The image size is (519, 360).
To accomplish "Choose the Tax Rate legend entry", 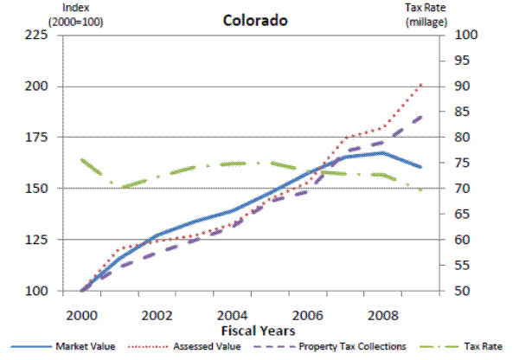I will [x=483, y=346].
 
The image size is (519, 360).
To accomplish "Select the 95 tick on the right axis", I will [x=460, y=61].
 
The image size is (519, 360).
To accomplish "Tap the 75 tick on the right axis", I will [x=460, y=163].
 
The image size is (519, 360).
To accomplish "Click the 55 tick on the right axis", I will [x=460, y=265].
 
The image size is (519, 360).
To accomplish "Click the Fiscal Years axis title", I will [x=258, y=330].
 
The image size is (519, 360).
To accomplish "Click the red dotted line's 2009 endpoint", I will [x=421, y=84].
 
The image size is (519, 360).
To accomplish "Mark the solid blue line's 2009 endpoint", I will [x=421, y=167].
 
